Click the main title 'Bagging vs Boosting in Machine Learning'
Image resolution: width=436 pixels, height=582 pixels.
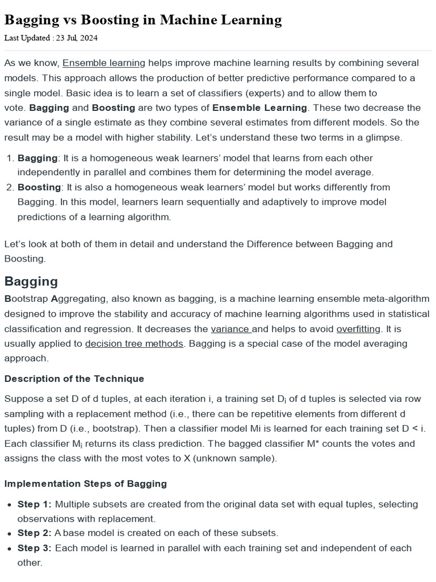click(x=143, y=20)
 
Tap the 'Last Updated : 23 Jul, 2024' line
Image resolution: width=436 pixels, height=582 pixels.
click(x=51, y=38)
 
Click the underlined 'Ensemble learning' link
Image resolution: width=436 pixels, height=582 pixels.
click(x=104, y=63)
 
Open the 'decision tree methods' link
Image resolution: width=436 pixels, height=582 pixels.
click(x=134, y=343)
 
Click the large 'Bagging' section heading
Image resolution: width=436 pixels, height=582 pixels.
click(x=31, y=281)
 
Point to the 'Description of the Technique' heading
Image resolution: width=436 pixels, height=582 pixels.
click(x=74, y=379)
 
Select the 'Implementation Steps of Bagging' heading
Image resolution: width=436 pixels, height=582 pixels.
click(x=86, y=484)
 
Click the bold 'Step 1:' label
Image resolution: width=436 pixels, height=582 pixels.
click(x=35, y=504)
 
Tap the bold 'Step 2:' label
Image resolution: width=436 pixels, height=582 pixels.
click(x=35, y=533)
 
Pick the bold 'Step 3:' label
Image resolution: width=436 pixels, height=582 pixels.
click(x=35, y=548)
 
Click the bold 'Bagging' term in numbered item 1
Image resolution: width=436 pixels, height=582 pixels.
click(x=37, y=157)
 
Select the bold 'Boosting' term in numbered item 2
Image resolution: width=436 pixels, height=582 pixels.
click(x=39, y=187)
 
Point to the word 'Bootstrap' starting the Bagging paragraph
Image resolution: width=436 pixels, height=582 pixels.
click(x=26, y=299)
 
